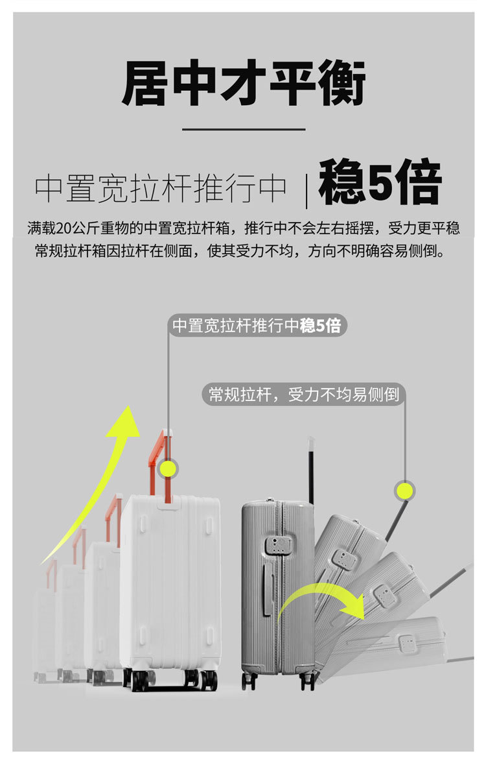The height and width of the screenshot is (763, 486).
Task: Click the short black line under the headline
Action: point(243,129)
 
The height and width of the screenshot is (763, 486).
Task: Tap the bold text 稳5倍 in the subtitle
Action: point(380,184)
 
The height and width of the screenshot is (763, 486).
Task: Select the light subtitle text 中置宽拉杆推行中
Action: point(160,188)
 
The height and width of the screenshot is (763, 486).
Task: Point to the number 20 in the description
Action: point(64,228)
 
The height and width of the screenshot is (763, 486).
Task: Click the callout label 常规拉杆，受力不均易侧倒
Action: point(303,394)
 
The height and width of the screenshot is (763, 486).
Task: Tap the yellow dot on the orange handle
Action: point(168,468)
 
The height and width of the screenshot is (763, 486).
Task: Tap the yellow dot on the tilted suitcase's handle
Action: point(405,490)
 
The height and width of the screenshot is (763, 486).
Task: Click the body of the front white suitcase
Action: point(172,584)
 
